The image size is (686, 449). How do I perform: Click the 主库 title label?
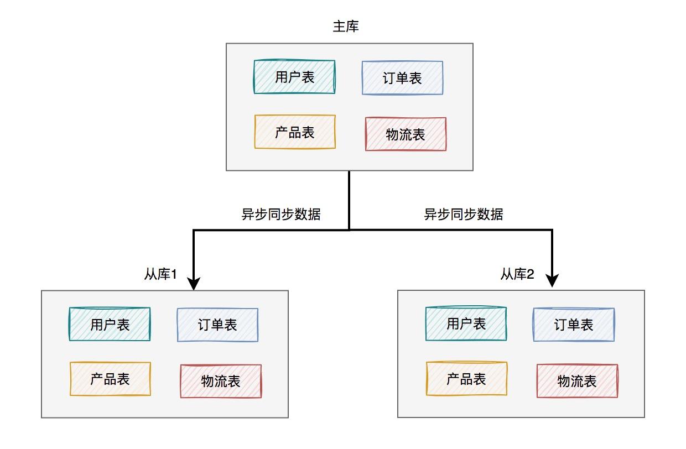[346, 27]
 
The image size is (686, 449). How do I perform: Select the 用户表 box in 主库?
[294, 77]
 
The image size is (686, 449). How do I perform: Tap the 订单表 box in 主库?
[402, 78]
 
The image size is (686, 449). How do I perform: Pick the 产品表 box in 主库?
[295, 132]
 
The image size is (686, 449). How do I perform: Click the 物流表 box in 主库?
[406, 134]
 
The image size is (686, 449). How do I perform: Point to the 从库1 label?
[160, 274]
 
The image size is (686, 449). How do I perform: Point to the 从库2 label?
[517, 274]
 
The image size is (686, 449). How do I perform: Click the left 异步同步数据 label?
[281, 214]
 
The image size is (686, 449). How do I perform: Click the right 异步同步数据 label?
[464, 214]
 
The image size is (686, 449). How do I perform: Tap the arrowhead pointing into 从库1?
[194, 284]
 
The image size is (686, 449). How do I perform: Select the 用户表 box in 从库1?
[110, 324]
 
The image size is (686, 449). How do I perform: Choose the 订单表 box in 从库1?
[217, 325]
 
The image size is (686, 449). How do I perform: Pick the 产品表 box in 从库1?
[110, 379]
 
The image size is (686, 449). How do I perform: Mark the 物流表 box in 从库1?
[221, 381]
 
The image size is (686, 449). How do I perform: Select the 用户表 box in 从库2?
[466, 323]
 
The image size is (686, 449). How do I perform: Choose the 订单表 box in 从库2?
[574, 325]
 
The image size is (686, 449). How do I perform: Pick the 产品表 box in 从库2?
[466, 379]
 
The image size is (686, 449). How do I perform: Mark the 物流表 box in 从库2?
[577, 381]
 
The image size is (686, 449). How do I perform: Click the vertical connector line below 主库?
[349, 200]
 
